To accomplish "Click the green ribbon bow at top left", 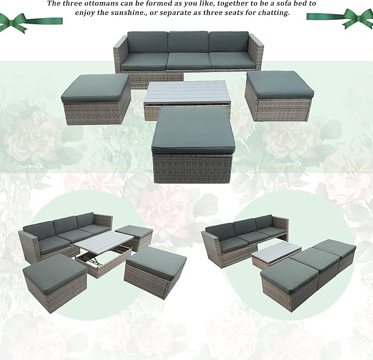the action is tap(16, 23).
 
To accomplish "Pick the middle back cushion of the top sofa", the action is tap(188, 42).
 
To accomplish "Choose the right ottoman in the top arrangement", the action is tap(279, 96).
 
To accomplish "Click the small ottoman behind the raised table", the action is tap(135, 237).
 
